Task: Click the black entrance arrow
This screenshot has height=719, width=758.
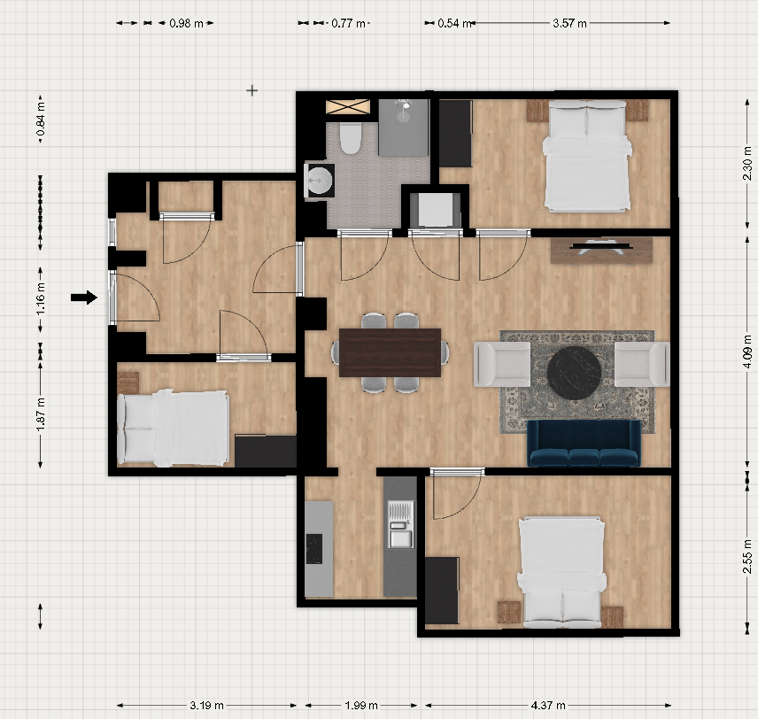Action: click(x=84, y=298)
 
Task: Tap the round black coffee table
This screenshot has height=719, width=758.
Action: click(x=575, y=373)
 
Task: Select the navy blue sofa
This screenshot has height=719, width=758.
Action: click(x=584, y=443)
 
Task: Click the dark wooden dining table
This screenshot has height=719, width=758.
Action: click(x=390, y=352)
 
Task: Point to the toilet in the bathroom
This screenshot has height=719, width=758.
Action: click(x=350, y=138)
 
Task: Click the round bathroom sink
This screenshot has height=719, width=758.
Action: click(x=320, y=181)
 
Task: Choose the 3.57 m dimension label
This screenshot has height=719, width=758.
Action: click(x=569, y=23)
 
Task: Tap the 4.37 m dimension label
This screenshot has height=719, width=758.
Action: click(x=548, y=706)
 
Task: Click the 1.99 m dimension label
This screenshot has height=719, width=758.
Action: click(x=361, y=706)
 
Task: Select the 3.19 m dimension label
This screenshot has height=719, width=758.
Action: click(x=206, y=706)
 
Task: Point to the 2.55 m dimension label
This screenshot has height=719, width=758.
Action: click(x=747, y=563)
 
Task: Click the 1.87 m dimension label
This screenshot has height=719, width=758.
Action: click(x=41, y=414)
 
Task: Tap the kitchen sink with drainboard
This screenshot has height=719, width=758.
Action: click(x=401, y=524)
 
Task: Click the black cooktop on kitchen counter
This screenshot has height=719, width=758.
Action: click(x=314, y=549)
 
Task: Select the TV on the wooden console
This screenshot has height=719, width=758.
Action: click(x=600, y=246)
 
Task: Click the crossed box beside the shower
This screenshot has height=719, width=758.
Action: click(x=348, y=106)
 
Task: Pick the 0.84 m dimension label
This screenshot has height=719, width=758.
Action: click(x=41, y=119)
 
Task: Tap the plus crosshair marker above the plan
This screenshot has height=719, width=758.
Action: click(x=251, y=90)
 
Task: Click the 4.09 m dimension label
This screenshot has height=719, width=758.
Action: click(x=747, y=351)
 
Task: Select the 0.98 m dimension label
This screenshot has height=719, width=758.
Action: click(x=186, y=23)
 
